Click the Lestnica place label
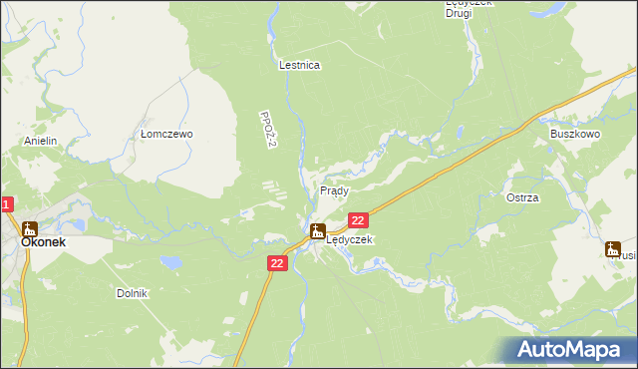click(299, 65)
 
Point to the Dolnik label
click(132, 293)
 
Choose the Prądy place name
click(334, 189)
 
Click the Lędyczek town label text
click(350, 240)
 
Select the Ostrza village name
click(522, 197)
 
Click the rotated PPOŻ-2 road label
click(266, 132)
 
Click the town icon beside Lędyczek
click(317, 232)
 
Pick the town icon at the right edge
click(613, 249)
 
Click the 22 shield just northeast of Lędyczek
click(359, 220)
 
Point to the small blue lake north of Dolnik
click(173, 262)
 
